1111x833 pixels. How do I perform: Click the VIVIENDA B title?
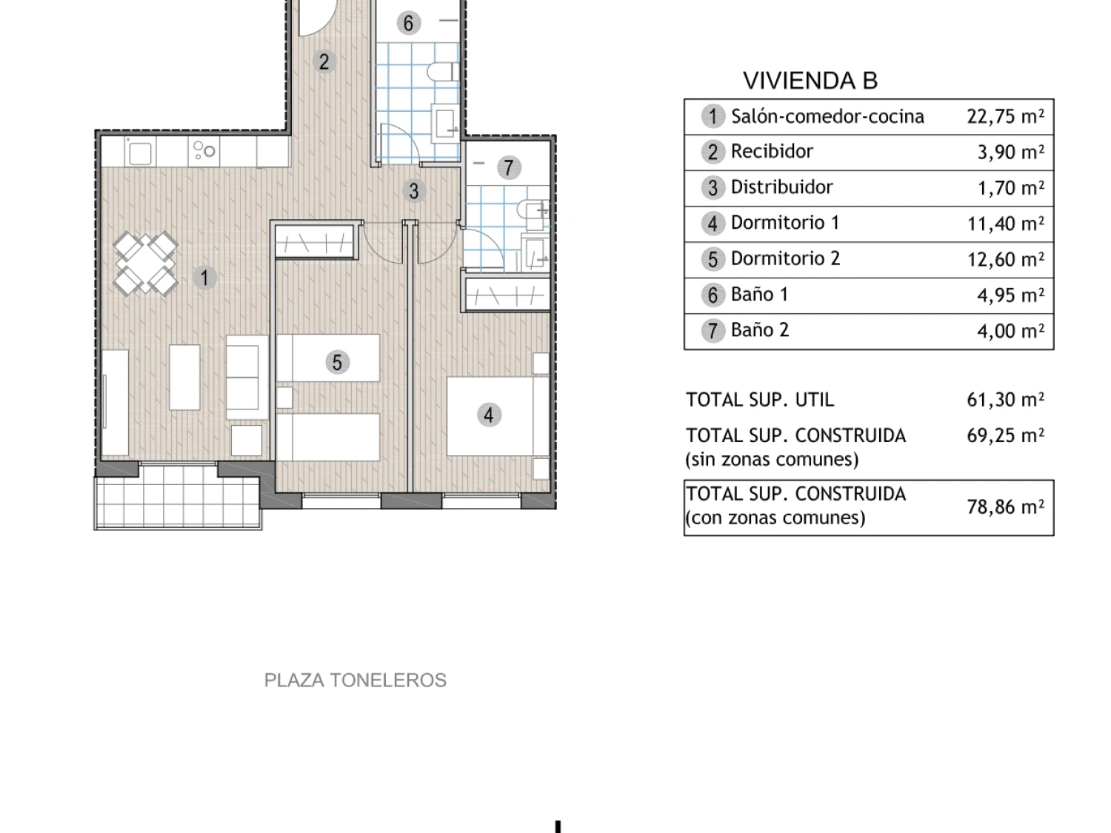coord(810,81)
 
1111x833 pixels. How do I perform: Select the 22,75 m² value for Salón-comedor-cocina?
coord(1005,116)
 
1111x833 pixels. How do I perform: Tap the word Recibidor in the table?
coord(772,151)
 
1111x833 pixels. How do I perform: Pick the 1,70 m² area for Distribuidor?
coord(1011,187)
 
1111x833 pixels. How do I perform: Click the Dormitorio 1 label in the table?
coord(785,223)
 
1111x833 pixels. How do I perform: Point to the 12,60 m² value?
coord(1005,259)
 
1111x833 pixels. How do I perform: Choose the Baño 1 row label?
coord(760,295)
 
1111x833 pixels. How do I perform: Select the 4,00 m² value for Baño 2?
coord(1011,331)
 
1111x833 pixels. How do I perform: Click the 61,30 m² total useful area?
coord(1005,400)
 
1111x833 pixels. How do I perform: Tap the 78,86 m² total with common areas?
coord(1005,506)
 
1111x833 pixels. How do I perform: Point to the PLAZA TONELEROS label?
coord(356,680)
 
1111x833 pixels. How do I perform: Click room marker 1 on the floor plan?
coord(204,278)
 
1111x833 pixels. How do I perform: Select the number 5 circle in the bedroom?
coord(337,362)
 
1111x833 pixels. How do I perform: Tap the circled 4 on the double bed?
coord(489,415)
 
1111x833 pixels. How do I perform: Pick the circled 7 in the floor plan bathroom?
coord(509,167)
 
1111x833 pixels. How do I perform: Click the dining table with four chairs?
coord(145,264)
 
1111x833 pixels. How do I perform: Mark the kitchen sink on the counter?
coord(140,153)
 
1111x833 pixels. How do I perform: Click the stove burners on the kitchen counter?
coord(204,150)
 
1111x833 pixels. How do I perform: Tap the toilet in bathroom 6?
coord(443,72)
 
